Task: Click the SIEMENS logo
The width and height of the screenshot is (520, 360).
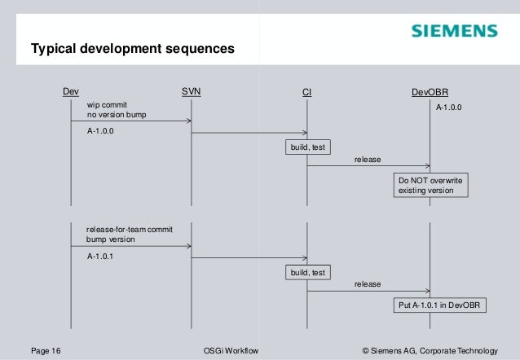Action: click(x=453, y=32)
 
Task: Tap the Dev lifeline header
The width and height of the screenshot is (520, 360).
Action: click(x=71, y=92)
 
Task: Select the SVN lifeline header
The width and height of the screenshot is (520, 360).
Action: click(x=191, y=92)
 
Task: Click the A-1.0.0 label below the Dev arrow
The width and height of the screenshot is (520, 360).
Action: click(x=101, y=130)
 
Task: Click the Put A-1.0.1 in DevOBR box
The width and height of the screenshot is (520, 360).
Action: click(x=438, y=305)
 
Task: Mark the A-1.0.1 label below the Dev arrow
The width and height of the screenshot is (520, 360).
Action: click(x=101, y=255)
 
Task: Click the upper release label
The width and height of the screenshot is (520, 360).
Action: click(x=367, y=160)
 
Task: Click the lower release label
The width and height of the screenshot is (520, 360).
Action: click(x=367, y=284)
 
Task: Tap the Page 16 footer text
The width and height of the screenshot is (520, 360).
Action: click(x=46, y=350)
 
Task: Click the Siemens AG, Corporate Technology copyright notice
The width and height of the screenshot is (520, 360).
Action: click(x=429, y=350)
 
